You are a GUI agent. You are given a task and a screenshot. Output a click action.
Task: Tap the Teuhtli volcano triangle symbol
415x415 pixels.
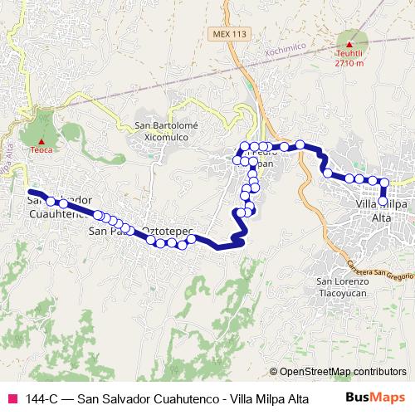click(x=350, y=44)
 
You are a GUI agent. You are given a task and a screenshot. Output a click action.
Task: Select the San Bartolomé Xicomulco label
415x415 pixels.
click(x=166, y=130)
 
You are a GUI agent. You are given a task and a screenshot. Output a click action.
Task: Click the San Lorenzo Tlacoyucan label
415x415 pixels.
click(x=337, y=287)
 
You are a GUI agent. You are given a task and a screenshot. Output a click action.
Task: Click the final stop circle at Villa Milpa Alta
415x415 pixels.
click(x=382, y=201)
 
